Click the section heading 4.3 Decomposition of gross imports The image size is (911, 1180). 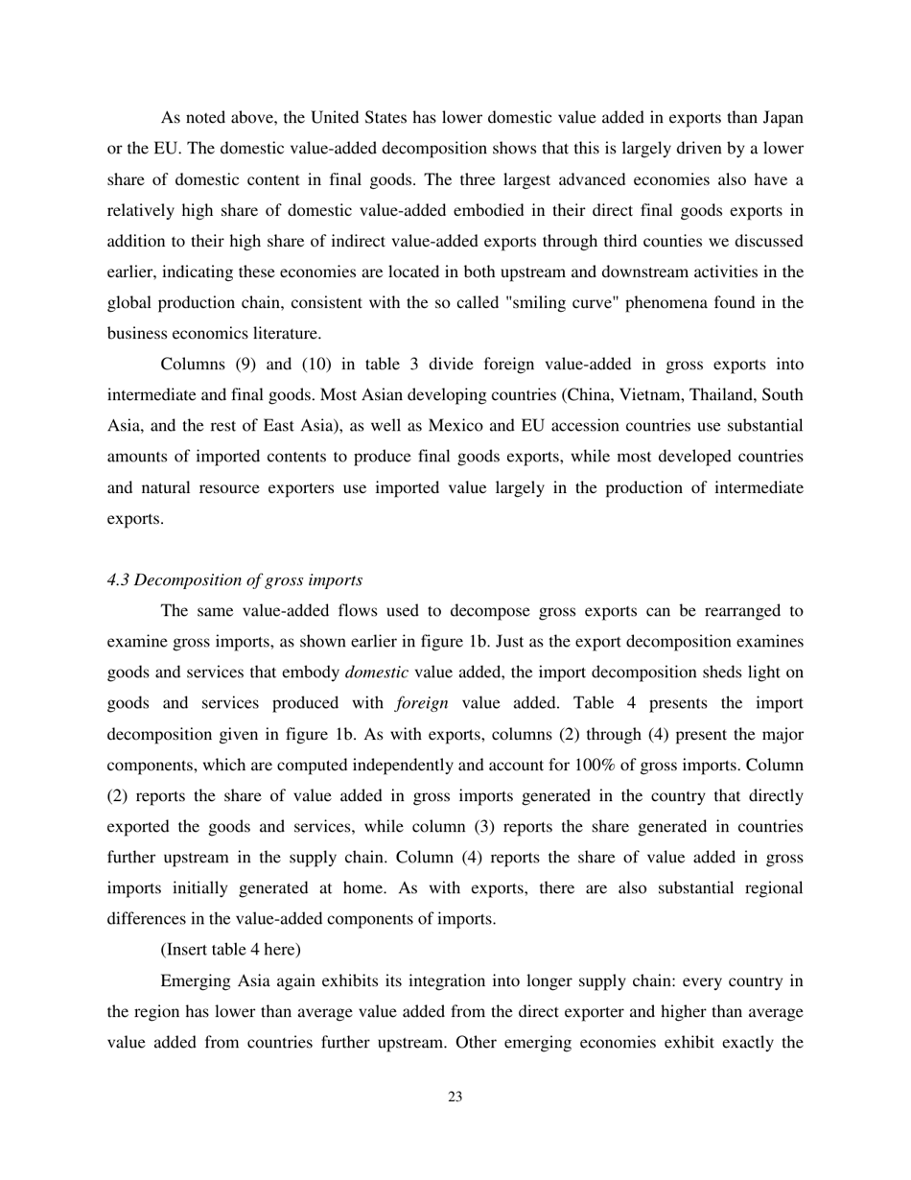point(235,579)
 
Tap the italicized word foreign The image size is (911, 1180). point(421,703)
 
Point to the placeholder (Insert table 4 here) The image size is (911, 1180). point(230,949)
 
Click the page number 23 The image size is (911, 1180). point(455,1097)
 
